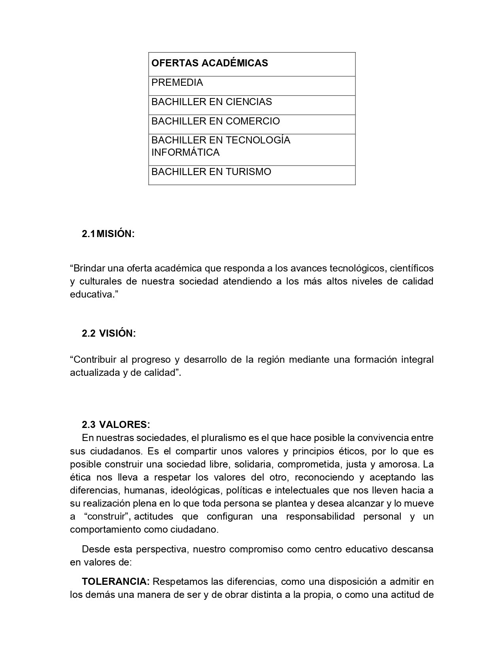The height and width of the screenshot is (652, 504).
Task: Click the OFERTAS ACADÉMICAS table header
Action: (210, 63)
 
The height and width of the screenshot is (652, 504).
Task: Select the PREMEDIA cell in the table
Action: (177, 83)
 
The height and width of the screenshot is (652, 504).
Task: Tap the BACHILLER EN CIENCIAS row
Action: (211, 102)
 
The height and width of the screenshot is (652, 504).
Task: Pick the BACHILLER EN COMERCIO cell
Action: (215, 121)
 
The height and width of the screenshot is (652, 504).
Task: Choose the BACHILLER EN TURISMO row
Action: (211, 172)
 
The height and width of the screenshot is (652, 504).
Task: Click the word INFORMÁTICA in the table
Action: (185, 153)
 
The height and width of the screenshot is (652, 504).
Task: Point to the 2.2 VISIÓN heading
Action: (109, 334)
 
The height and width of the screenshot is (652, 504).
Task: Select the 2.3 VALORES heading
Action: (116, 425)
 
